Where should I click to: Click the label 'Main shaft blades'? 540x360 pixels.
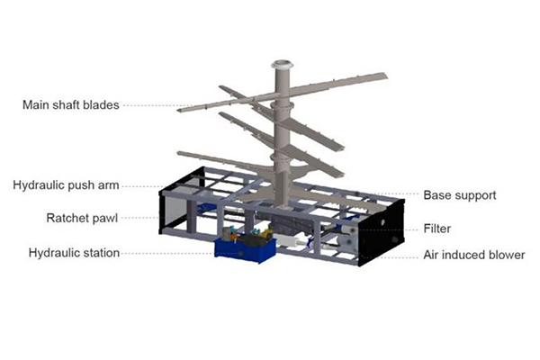pos(71,104)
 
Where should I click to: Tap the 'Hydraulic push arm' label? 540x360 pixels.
pos(66,185)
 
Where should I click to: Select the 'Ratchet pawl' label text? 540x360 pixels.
pos(82,218)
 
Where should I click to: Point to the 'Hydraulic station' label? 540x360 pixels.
pos(74,253)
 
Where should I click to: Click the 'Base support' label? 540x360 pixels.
pos(460,195)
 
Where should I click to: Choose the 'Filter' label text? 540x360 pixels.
pos(437,229)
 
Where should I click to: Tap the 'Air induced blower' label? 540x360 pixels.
pos(474,255)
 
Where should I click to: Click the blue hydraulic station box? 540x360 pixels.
pos(245,250)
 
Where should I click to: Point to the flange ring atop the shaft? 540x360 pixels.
pos(282,65)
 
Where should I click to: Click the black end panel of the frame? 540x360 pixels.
pos(381,233)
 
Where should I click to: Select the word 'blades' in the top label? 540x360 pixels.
pos(103,104)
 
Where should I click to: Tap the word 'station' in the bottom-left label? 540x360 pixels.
pos(101,253)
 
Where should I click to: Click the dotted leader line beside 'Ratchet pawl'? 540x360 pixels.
pos(140,218)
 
